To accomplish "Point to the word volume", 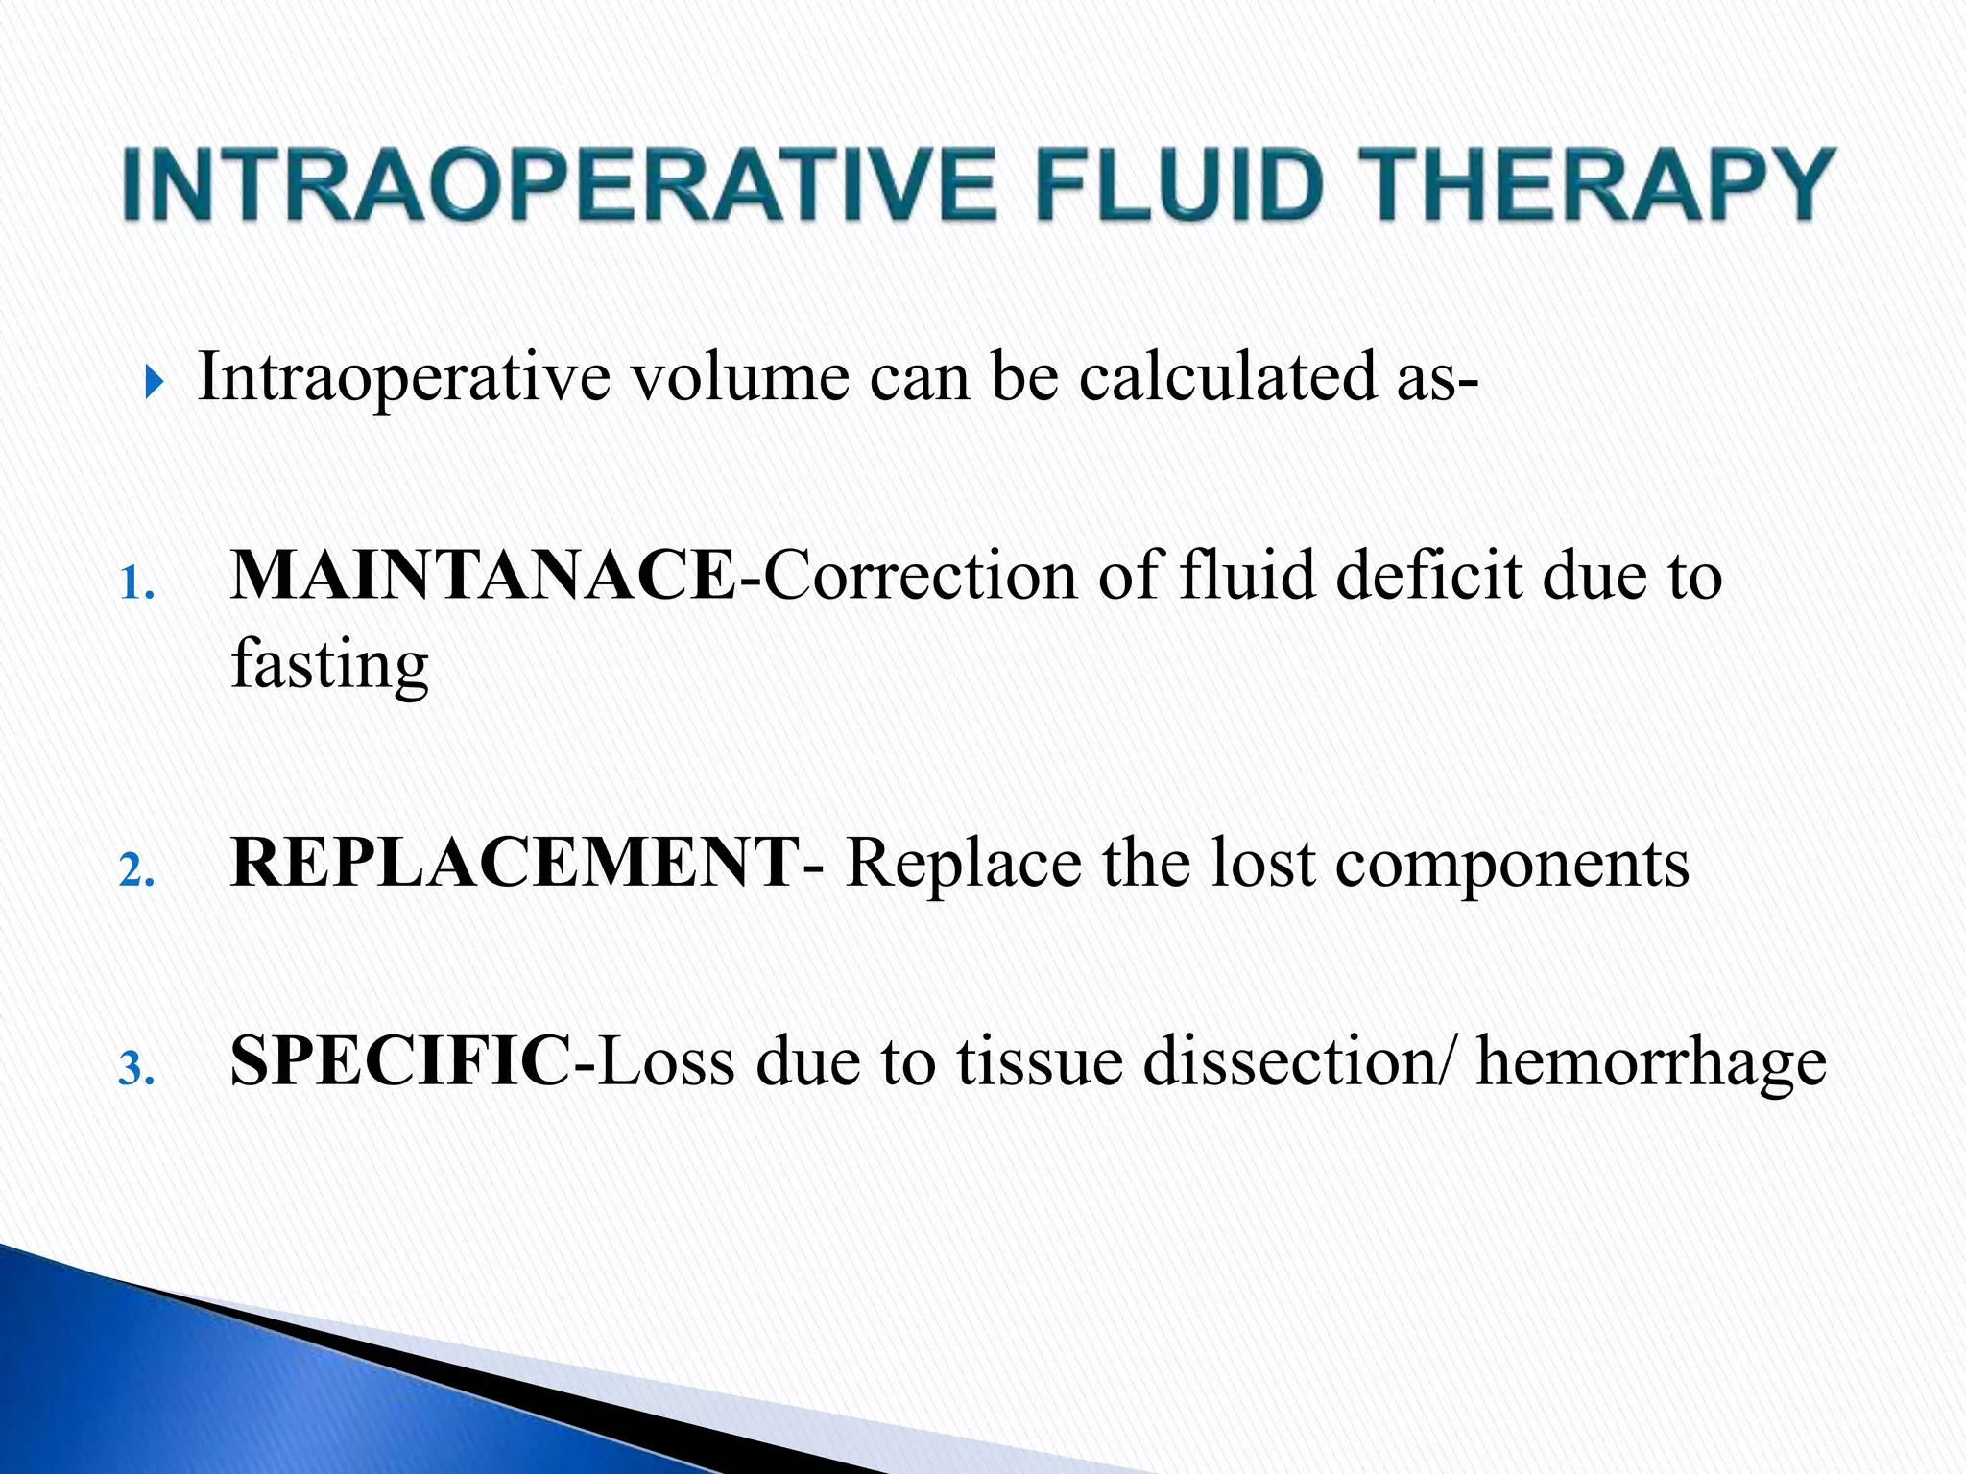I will (x=738, y=376).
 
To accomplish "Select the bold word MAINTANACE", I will (x=483, y=576).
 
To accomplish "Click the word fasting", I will (x=329, y=666).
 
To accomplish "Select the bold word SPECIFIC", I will (x=399, y=1061).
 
